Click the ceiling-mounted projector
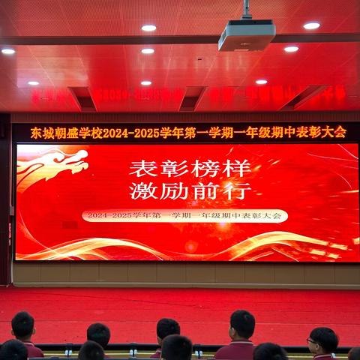click(246, 34)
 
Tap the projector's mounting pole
click(246, 10)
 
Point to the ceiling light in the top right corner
click(311, 25)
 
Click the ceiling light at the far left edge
click(8, 51)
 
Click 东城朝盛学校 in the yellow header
click(65, 133)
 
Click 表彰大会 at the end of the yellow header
click(322, 133)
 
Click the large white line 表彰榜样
click(190, 166)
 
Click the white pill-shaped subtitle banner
click(184, 215)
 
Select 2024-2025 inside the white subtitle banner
click(109, 215)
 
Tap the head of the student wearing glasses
click(322, 341)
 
